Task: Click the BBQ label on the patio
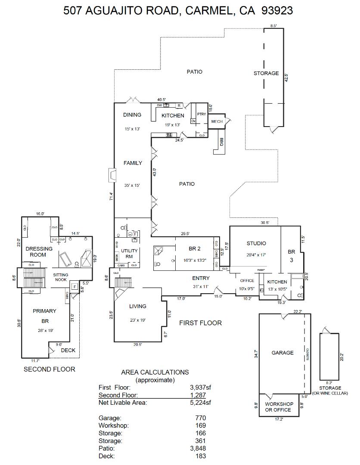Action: pyautogui.click(x=221, y=142)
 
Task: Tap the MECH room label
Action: pyautogui.click(x=217, y=121)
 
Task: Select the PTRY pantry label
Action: pyautogui.click(x=201, y=114)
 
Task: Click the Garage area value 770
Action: pyautogui.click(x=200, y=418)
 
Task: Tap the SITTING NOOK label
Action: pyautogui.click(x=61, y=277)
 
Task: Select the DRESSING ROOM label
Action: pyautogui.click(x=39, y=251)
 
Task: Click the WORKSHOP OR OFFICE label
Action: pyautogui.click(x=279, y=407)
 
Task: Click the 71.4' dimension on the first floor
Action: pyautogui.click(x=111, y=196)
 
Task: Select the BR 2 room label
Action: pyautogui.click(x=195, y=248)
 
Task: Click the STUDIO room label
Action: pyautogui.click(x=256, y=243)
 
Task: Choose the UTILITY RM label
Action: pyautogui.click(x=130, y=253)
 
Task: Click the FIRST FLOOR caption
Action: pyautogui.click(x=200, y=323)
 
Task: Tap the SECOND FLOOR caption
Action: pyautogui.click(x=49, y=369)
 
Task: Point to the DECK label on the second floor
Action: pyautogui.click(x=68, y=350)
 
